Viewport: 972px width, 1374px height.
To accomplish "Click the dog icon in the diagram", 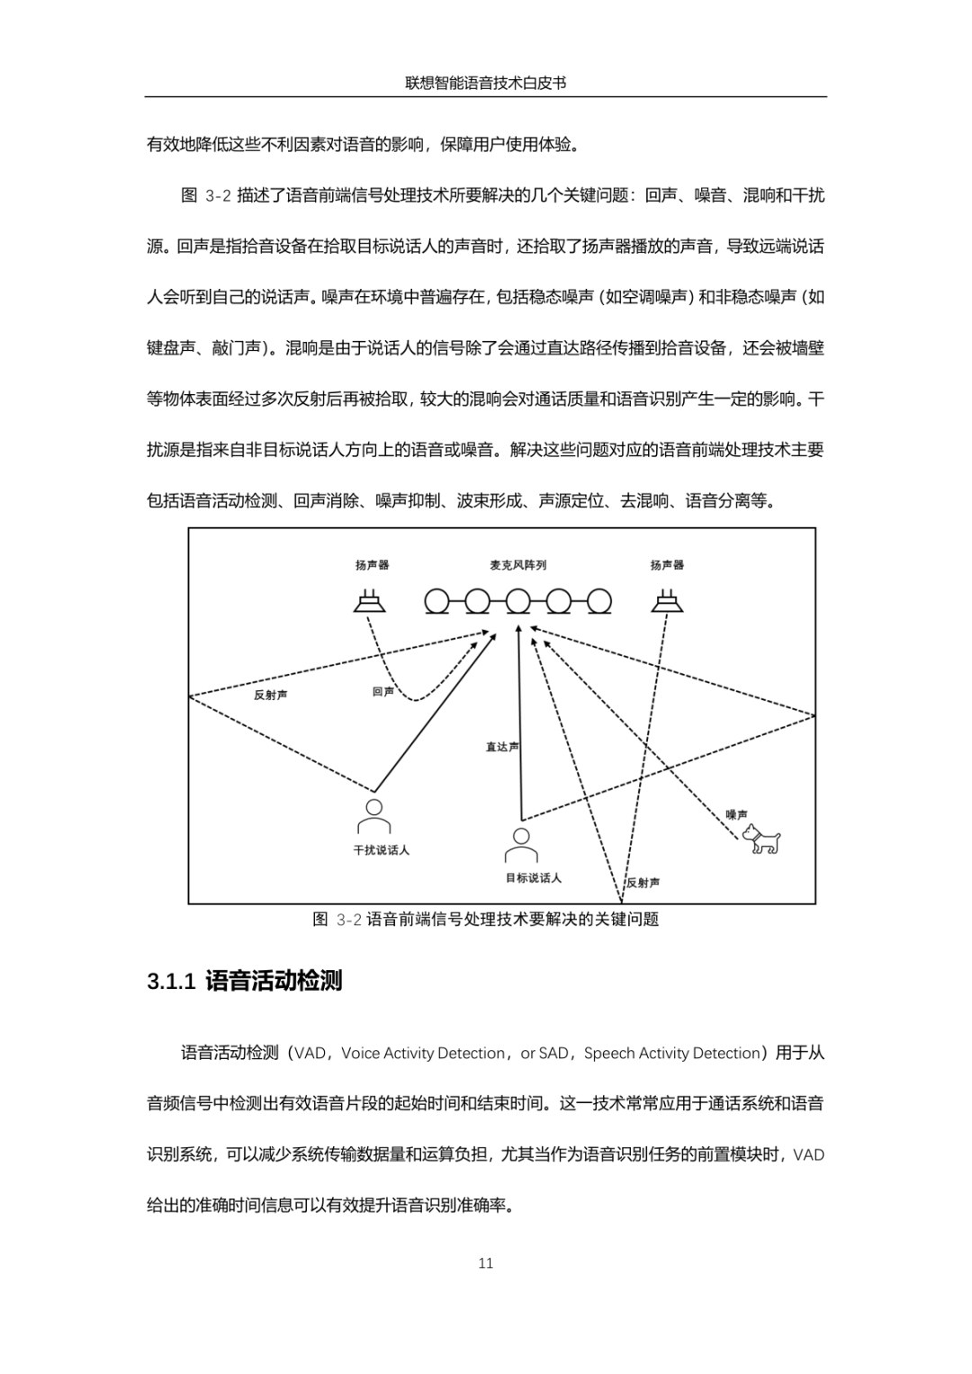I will point(761,840).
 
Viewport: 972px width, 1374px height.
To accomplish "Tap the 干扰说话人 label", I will point(381,850).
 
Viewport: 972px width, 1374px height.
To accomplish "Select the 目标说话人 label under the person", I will point(533,878).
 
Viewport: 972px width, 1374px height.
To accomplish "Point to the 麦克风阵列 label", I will point(517,565).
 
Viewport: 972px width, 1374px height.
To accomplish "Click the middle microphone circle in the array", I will point(518,601).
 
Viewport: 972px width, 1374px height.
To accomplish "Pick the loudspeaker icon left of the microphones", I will point(370,601).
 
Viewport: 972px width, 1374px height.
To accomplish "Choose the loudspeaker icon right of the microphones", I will point(667,601).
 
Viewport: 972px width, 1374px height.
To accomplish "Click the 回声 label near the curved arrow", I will point(383,692).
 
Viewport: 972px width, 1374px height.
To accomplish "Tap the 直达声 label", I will point(501,747).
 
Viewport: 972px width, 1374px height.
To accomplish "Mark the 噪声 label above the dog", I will point(736,814).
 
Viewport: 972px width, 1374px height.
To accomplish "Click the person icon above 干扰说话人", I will point(373,817).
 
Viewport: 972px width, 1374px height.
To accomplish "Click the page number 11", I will point(486,1263).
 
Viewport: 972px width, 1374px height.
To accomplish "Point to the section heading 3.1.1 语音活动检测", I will point(245,981).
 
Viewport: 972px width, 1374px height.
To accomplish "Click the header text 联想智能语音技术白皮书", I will point(486,83).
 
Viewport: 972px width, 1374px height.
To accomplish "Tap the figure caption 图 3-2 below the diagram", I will point(486,919).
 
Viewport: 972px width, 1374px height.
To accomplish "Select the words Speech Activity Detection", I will point(672,1053).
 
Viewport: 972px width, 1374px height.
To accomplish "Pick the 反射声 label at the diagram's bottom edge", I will point(643,883).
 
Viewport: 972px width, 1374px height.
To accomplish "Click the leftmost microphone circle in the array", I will point(437,601).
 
